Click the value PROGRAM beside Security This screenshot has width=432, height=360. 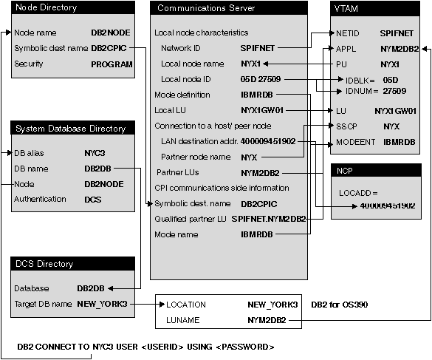click(x=112, y=64)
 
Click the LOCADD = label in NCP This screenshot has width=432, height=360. click(x=358, y=192)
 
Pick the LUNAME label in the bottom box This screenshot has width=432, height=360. click(x=185, y=320)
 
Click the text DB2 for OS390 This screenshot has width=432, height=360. click(x=339, y=305)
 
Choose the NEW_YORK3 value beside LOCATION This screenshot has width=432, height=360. click(x=272, y=305)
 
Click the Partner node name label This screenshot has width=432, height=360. click(x=196, y=157)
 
